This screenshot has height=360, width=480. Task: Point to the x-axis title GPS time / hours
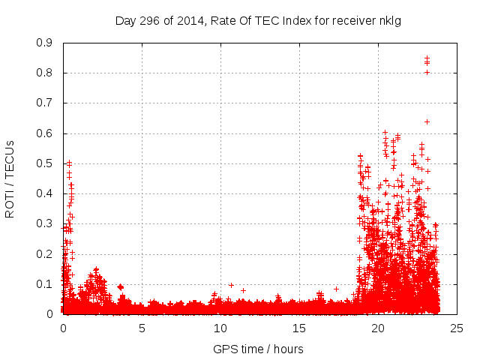click(x=258, y=349)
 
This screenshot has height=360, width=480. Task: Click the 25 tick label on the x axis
click(x=456, y=328)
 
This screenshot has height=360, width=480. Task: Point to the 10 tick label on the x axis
click(x=220, y=328)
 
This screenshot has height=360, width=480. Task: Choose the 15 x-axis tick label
click(x=299, y=328)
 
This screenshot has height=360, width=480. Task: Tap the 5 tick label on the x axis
click(x=142, y=328)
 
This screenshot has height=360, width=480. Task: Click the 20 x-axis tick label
click(x=377, y=328)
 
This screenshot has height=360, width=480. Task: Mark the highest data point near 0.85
click(x=427, y=58)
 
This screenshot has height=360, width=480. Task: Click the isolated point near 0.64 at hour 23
click(x=427, y=121)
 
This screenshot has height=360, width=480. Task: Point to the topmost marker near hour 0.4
click(x=69, y=162)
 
